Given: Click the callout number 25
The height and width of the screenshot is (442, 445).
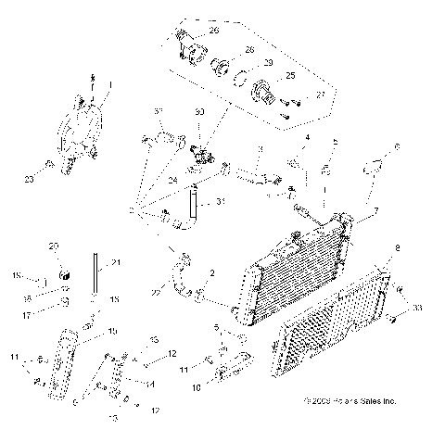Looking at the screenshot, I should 290,76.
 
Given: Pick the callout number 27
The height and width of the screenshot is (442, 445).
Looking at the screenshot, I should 321,94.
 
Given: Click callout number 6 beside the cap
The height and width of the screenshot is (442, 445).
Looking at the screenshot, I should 398,147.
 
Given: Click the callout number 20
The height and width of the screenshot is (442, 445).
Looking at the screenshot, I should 54,246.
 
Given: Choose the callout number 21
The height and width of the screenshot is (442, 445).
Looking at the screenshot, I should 116,262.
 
